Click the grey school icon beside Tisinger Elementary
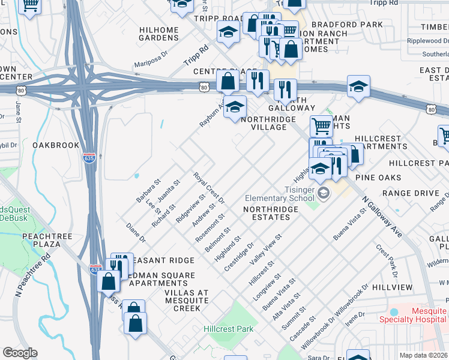point(324,193)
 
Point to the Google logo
point(20,353)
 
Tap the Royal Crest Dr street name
point(208,187)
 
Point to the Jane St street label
point(19,109)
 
